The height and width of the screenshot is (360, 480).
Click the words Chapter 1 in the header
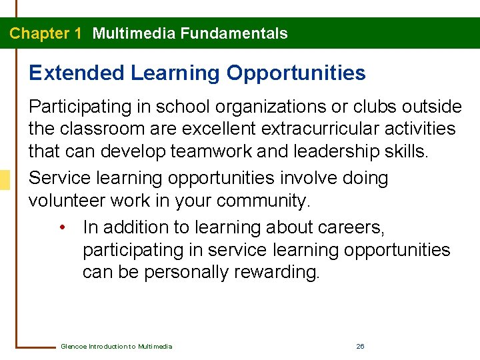coord(45,33)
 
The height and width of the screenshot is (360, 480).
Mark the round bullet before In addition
coord(61,228)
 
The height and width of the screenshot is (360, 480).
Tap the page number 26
coord(360,347)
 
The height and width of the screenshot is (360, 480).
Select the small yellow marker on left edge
coord(5,179)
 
